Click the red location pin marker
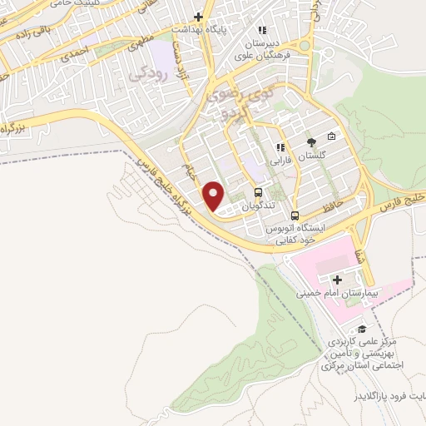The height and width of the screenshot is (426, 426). [214, 196]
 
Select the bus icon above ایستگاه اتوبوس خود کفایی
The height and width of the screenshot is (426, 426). [295, 216]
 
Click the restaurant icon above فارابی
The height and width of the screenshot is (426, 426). [280, 147]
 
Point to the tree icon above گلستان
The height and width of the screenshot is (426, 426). [311, 142]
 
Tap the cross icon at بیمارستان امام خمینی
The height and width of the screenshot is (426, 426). [337, 280]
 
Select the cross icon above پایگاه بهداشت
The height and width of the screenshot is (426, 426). [198, 16]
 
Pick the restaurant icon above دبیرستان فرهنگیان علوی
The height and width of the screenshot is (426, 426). [262, 31]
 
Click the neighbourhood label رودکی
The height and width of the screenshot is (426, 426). [148, 73]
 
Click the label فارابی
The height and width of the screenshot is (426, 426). [280, 161]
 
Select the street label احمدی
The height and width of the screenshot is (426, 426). [74, 52]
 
